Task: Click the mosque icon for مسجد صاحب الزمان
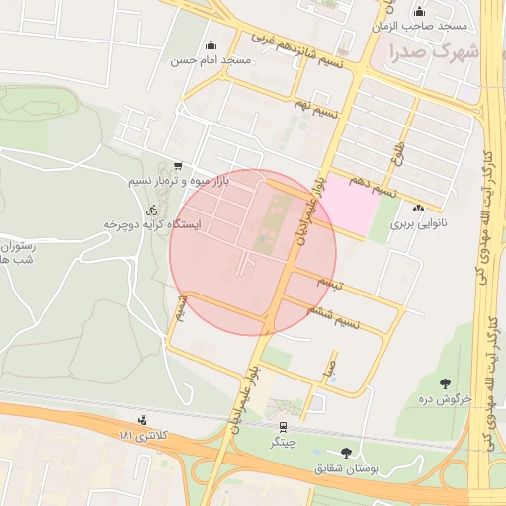418,12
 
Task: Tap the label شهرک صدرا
434,50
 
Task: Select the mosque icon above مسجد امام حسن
211,45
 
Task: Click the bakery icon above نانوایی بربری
418,208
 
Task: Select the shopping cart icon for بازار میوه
177,166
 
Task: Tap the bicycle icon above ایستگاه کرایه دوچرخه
151,210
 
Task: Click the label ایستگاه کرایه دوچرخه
152,225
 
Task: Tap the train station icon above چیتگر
284,427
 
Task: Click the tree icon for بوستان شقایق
345,453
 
